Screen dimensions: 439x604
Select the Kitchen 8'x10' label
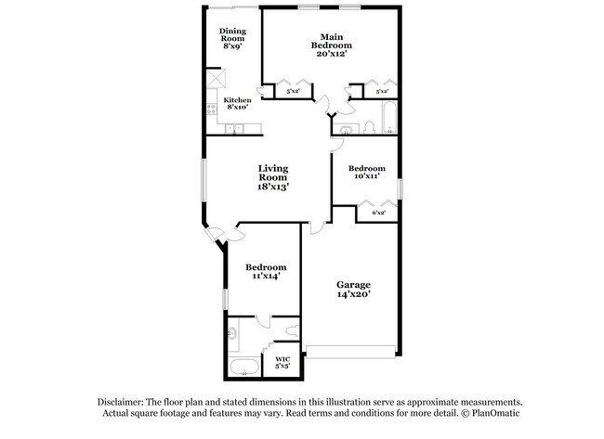tap(236, 103)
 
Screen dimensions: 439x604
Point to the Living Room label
tap(273, 177)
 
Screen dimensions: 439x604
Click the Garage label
tap(353, 289)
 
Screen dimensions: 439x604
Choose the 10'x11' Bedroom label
tap(366, 174)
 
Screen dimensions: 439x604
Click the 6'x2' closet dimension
tap(378, 213)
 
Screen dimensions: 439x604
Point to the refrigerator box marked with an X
tap(214, 78)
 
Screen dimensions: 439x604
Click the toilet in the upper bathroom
tap(368, 126)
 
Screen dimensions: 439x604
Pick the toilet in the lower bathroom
tap(292, 329)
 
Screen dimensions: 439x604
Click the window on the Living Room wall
tap(203, 182)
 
